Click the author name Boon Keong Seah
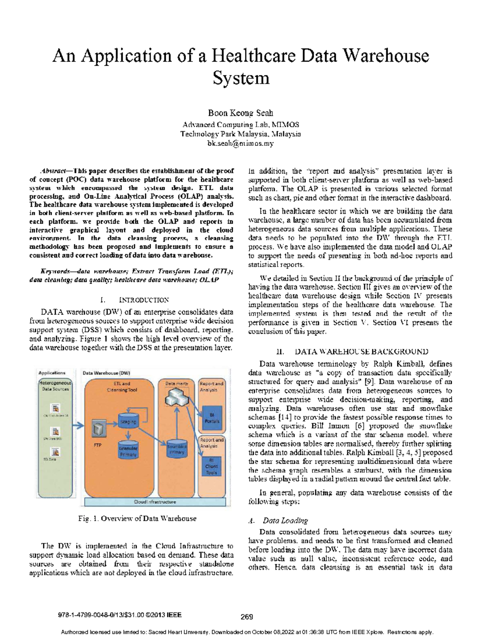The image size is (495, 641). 240,113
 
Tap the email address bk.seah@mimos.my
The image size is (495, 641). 240,144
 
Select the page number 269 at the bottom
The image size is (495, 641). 246,617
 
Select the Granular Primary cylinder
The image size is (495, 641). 128,450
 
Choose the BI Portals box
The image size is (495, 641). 212,418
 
